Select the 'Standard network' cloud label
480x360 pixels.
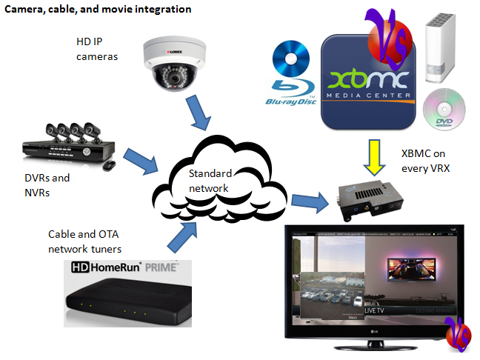point(210,181)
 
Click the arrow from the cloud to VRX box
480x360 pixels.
point(308,199)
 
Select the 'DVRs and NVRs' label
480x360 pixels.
point(46,185)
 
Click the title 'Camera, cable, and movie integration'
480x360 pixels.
point(99,10)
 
